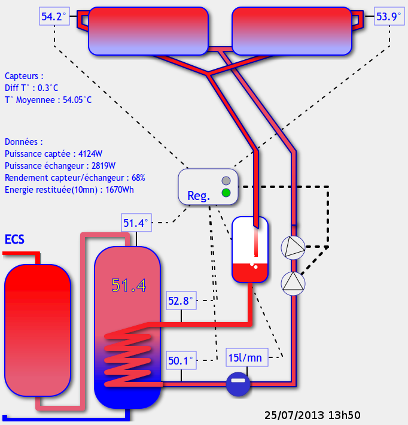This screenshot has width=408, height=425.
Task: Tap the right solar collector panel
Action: [291, 31]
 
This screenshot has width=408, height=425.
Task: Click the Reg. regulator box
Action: [208, 186]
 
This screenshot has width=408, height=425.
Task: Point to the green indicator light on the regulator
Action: [226, 193]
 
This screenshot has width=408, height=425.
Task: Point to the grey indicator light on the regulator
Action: [226, 181]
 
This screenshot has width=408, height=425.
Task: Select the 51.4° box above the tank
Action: [136, 223]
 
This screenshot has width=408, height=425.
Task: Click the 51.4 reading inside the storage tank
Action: [129, 286]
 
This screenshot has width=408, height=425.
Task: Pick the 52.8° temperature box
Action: [181, 301]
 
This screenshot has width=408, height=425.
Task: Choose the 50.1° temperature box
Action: [181, 361]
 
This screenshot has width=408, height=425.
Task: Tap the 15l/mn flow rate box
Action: [246, 358]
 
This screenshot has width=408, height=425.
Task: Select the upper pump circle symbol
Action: [293, 247]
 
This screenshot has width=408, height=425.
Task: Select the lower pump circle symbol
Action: [293, 282]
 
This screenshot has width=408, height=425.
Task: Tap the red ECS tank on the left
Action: [38, 330]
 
